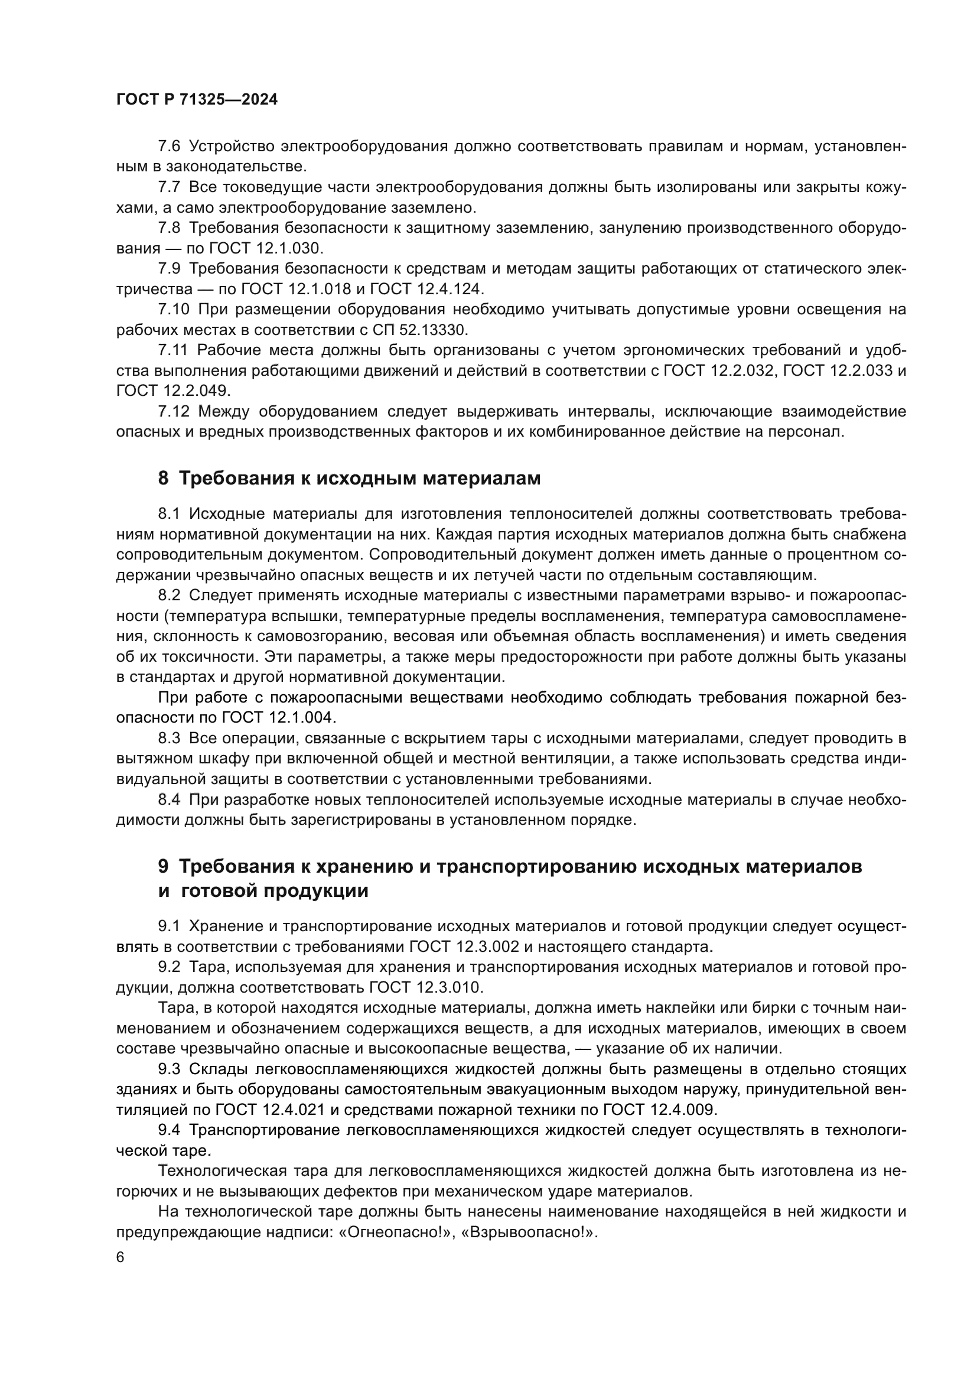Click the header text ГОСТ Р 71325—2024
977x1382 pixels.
click(x=197, y=100)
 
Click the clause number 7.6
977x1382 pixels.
click(x=168, y=147)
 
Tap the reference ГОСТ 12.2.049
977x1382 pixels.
click(x=172, y=391)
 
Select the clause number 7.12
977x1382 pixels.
click(x=172, y=411)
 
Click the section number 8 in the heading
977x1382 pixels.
click(x=163, y=478)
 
